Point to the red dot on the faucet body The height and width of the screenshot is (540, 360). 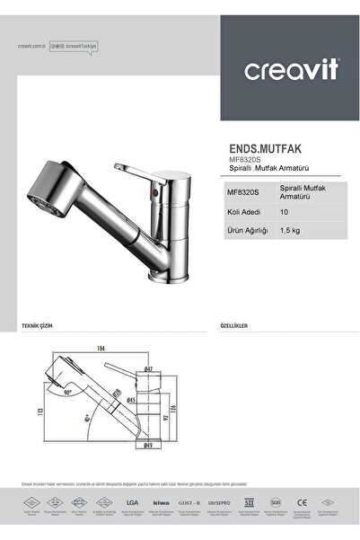(x=158, y=192)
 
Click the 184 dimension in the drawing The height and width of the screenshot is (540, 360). (x=100, y=348)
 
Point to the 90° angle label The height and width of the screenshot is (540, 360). (x=68, y=393)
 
